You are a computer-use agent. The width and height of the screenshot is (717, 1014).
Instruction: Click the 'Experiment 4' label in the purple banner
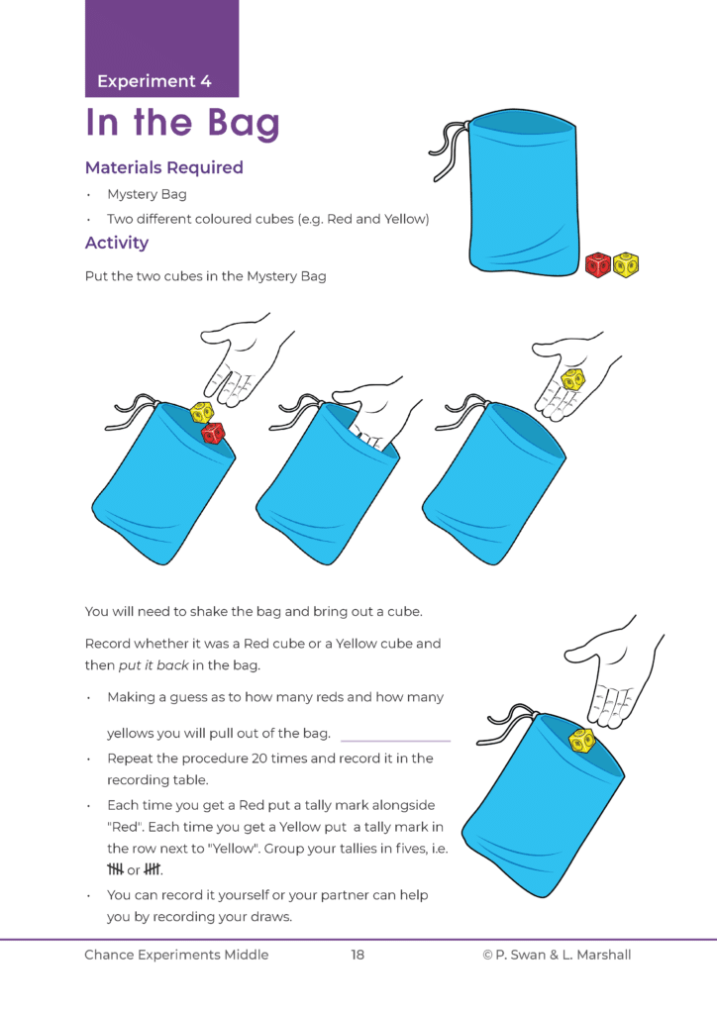coord(154,81)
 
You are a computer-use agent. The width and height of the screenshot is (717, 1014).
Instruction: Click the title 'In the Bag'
coord(183,124)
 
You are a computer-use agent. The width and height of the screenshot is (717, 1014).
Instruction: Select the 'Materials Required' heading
coord(163,167)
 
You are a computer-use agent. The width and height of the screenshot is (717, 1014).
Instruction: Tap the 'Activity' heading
coord(117,243)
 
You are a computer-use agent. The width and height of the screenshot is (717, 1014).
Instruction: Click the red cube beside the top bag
coord(598,265)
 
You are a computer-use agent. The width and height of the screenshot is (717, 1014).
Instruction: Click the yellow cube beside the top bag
coord(625,264)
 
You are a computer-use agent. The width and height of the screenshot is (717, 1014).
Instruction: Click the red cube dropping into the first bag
coord(213,433)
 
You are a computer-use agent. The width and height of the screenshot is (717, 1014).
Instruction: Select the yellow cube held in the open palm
coord(573,379)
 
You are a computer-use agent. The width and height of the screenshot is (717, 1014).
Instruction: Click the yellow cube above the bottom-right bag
coord(581,739)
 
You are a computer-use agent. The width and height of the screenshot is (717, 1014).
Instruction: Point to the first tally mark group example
coord(116,870)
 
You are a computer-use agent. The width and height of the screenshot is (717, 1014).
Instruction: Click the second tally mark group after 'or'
coord(153,870)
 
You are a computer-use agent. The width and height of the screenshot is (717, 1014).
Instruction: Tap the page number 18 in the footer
coord(358,955)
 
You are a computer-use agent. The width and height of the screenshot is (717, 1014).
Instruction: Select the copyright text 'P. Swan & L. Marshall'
coord(564,955)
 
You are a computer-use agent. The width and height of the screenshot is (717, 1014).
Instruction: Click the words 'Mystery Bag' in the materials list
coord(147,194)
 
